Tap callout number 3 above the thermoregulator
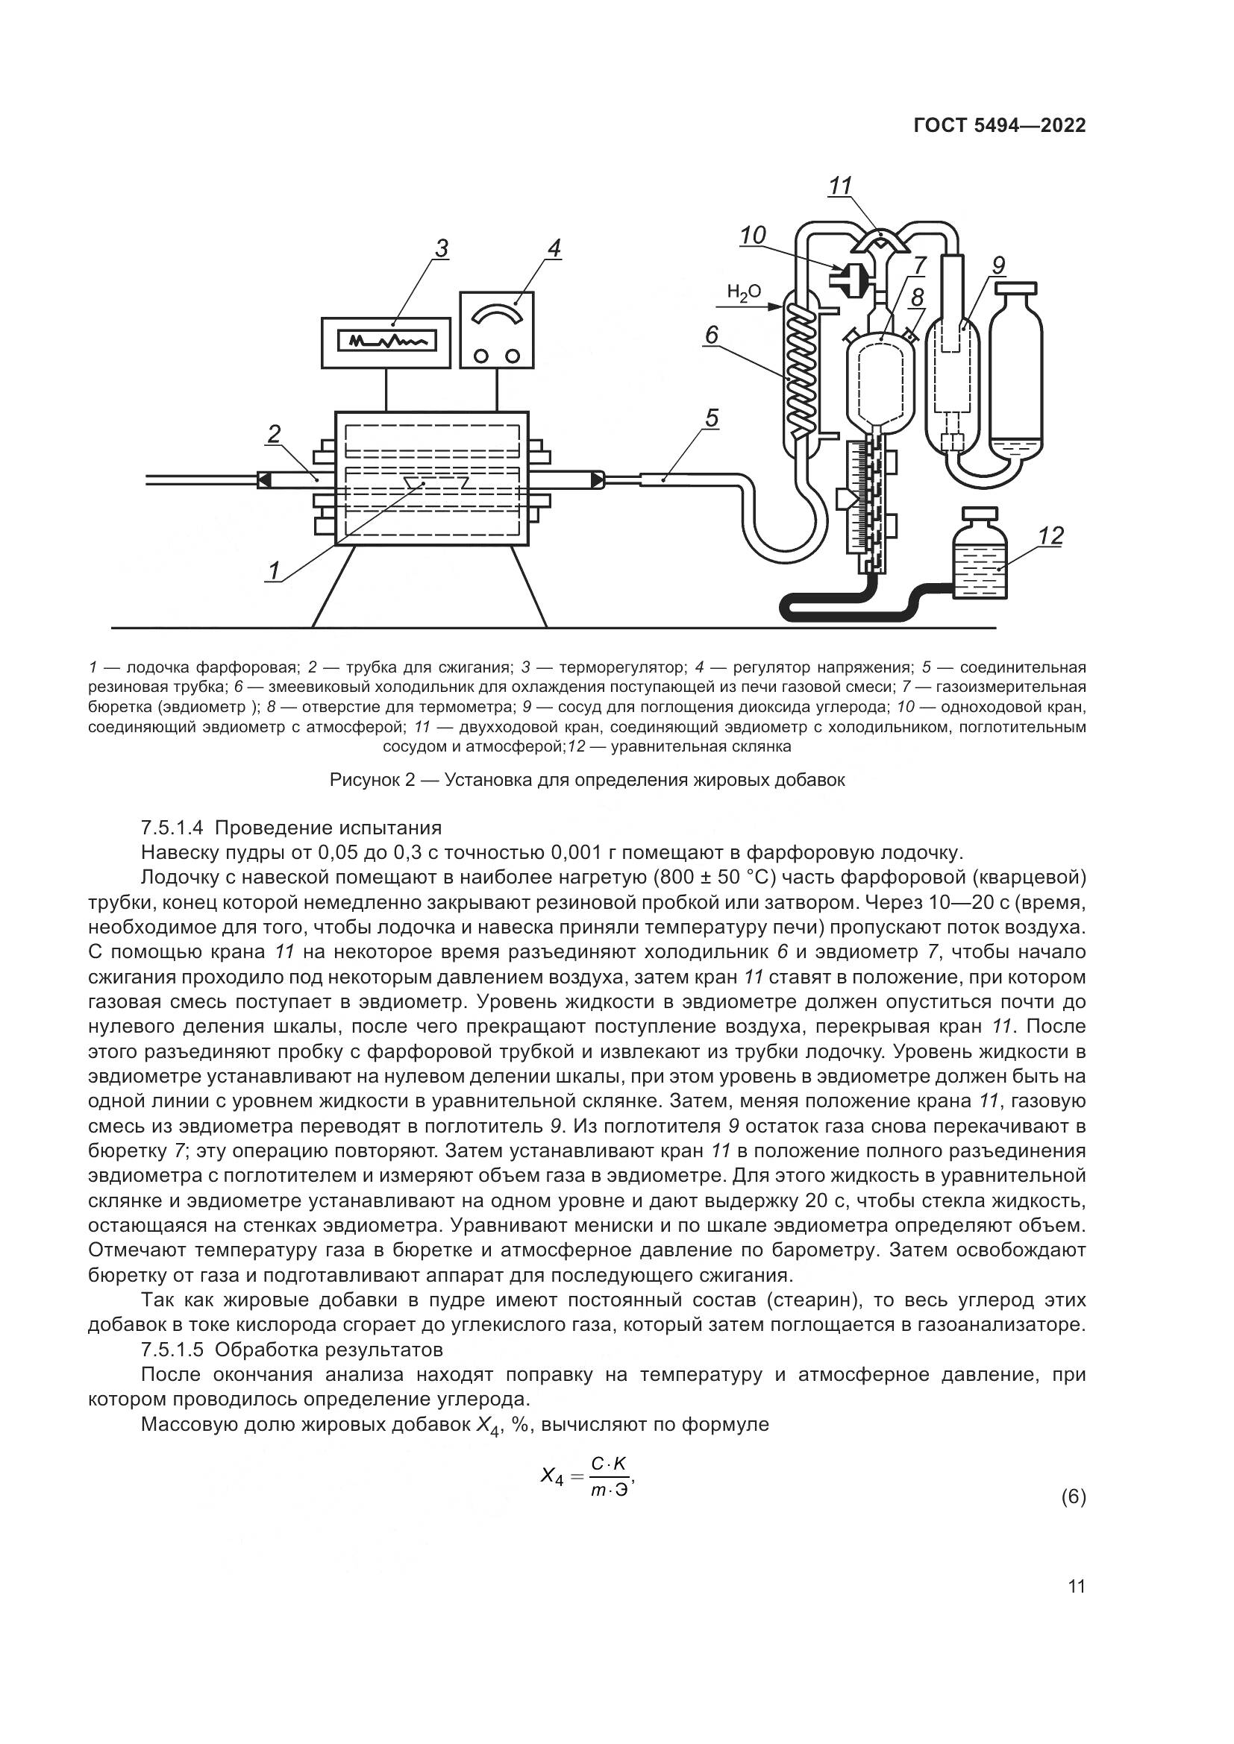coord(442,248)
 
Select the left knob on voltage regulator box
coord(481,355)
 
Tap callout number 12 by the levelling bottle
coord(1051,535)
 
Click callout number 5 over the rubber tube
coord(711,418)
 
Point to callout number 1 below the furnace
coord(274,570)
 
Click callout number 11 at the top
coord(839,186)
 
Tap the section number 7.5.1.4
coord(176,826)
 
